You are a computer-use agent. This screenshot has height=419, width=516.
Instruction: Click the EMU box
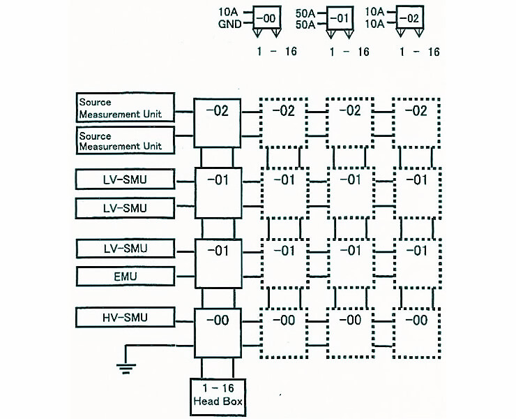coord(125,277)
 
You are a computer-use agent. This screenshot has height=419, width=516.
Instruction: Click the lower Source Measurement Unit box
coord(125,141)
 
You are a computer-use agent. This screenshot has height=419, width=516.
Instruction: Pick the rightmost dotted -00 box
coord(416,332)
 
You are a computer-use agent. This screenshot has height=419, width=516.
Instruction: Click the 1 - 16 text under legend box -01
coord(349,52)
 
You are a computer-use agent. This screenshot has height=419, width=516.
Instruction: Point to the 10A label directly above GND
coord(229,11)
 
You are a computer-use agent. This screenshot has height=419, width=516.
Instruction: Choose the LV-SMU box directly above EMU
coord(125,248)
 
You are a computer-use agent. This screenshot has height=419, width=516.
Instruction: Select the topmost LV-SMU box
coord(125,180)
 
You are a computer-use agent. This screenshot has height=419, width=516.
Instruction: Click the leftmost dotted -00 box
coord(284,332)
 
